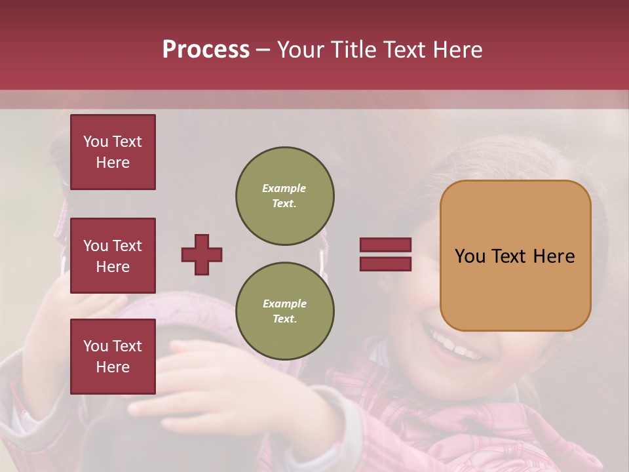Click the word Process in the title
point(206,50)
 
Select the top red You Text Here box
point(113,152)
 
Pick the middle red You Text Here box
point(113,256)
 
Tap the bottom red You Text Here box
point(113,357)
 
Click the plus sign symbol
point(202,254)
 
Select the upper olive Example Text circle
point(285,196)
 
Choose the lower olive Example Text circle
point(285,311)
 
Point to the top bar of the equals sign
point(385,245)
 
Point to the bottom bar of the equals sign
point(385,264)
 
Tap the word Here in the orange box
point(554,256)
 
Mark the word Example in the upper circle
point(284,188)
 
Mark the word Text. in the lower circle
point(284,319)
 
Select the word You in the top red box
point(95,142)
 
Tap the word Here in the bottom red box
point(113,367)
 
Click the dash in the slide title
point(263,50)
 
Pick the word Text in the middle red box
point(127,246)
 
